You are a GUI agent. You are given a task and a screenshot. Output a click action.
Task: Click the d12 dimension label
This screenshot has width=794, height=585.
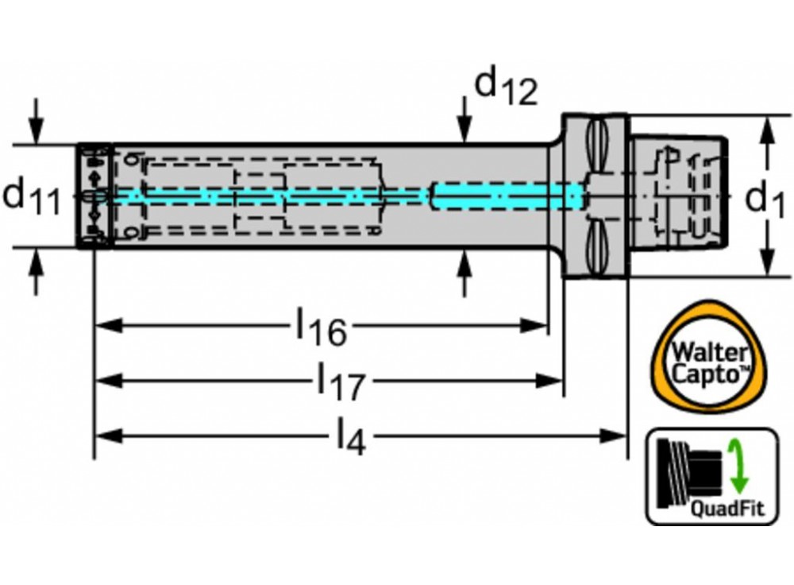coord(505,87)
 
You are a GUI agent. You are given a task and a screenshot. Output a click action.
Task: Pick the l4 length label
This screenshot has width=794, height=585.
coord(350,436)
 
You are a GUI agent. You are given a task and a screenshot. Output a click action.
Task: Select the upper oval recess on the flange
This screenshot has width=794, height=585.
coord(599,148)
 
